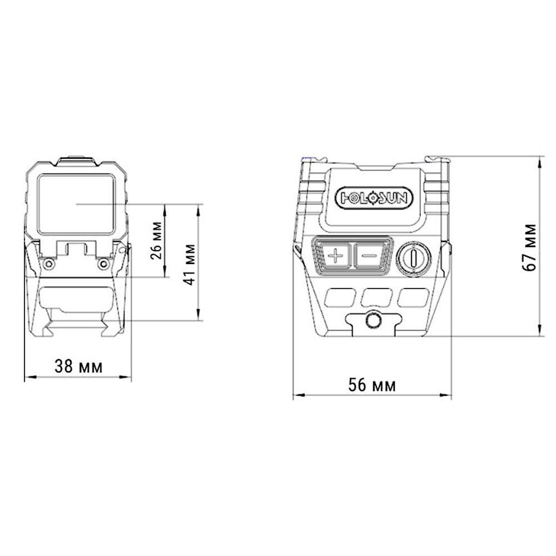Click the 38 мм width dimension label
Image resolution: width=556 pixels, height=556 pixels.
(x=78, y=366)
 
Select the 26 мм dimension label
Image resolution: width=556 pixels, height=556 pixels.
(x=156, y=240)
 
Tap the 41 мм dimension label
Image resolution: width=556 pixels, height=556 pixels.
(x=190, y=264)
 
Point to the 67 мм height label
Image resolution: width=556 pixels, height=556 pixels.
(x=529, y=247)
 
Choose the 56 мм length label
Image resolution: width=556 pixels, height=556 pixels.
(x=371, y=385)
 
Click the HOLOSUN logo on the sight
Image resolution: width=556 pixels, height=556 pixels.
(x=374, y=198)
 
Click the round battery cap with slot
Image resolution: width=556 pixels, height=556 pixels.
(x=414, y=259)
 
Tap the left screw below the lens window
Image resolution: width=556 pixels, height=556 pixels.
(x=48, y=264)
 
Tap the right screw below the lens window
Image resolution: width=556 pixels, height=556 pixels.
(x=103, y=264)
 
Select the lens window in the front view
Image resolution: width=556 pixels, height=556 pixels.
(x=76, y=204)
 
